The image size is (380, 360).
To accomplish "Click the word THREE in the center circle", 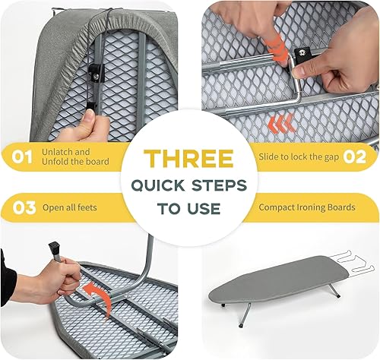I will (189, 159).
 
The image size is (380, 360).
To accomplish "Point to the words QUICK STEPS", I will (189, 185).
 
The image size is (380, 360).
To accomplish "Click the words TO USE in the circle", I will (189, 207).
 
